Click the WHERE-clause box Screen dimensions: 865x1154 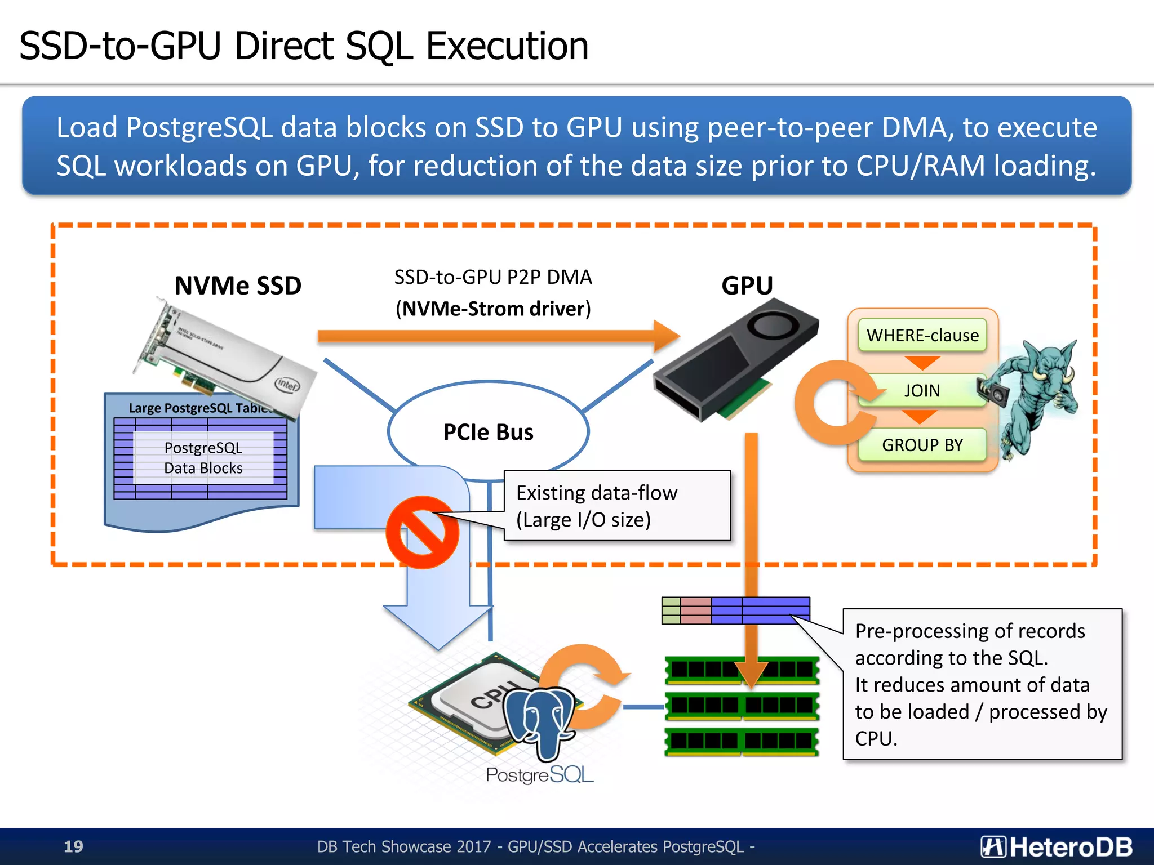point(922,336)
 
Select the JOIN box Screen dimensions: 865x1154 point(922,390)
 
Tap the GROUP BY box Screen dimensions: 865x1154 point(922,445)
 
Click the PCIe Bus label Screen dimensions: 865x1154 point(488,432)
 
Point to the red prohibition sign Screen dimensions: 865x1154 point(422,532)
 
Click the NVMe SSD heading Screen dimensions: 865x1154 point(238,286)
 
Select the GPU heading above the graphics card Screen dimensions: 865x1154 point(747,286)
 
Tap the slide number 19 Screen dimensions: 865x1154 point(73,846)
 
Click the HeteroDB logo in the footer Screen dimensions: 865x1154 point(1057,846)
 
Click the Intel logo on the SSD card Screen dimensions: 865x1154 point(287,385)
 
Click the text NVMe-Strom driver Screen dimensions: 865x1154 point(493,309)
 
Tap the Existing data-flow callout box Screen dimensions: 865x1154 point(617,506)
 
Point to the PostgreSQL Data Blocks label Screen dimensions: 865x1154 point(203,458)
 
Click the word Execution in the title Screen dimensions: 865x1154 point(507,46)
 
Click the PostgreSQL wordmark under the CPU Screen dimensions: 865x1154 point(539,775)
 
